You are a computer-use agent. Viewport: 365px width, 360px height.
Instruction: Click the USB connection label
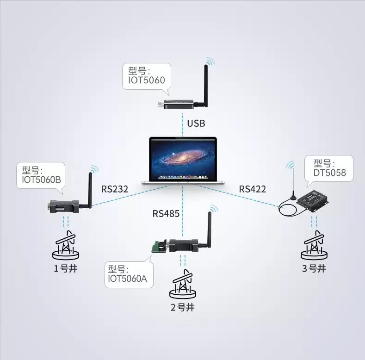[x=196, y=124]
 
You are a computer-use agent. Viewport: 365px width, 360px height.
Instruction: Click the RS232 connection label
[x=114, y=189]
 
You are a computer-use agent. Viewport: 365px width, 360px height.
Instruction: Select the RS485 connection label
[x=166, y=213]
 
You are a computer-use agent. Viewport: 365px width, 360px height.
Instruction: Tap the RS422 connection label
[x=252, y=189]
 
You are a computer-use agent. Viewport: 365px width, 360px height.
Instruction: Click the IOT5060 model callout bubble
[x=146, y=77]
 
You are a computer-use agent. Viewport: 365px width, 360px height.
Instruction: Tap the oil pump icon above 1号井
[x=65, y=245]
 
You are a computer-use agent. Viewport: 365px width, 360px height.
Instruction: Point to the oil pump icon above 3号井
[x=315, y=245]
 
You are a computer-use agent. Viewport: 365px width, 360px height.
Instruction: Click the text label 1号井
[x=65, y=268]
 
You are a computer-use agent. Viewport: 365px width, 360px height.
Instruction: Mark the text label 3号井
[x=314, y=268]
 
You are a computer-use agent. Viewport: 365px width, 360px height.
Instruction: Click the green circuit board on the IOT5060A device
[x=159, y=246]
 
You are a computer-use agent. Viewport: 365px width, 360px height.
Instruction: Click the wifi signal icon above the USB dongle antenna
[x=210, y=62]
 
